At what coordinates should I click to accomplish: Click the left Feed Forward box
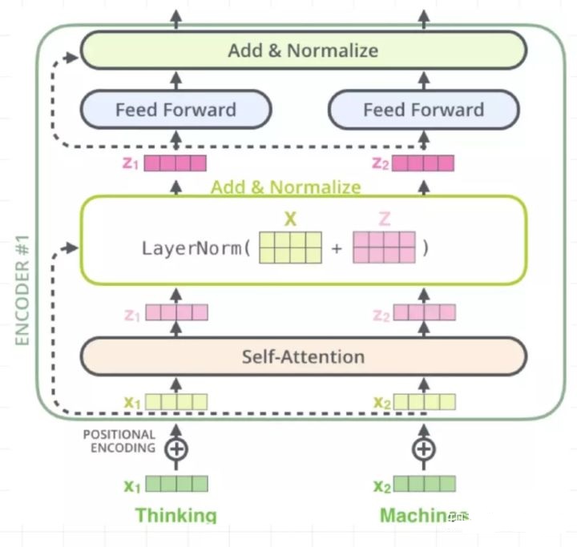pyautogui.click(x=176, y=110)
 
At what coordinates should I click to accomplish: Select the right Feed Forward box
pyautogui.click(x=423, y=110)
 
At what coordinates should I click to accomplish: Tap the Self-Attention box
pyautogui.click(x=303, y=356)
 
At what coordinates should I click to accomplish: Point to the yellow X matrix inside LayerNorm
pyautogui.click(x=290, y=247)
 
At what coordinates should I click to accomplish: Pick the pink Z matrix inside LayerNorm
pyautogui.click(x=384, y=247)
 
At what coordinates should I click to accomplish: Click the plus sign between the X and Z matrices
pyautogui.click(x=337, y=248)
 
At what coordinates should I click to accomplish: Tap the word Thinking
pyautogui.click(x=176, y=515)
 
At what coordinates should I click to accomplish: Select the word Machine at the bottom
pyautogui.click(x=414, y=515)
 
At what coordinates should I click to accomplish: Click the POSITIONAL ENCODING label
pyautogui.click(x=119, y=441)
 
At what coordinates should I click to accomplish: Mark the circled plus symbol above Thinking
pyautogui.click(x=176, y=448)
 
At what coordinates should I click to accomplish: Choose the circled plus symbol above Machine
pyautogui.click(x=424, y=448)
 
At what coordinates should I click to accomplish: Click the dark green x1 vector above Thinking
pyautogui.click(x=176, y=484)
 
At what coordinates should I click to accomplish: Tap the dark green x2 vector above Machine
pyautogui.click(x=425, y=484)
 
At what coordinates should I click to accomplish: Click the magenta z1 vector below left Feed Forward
pyautogui.click(x=176, y=163)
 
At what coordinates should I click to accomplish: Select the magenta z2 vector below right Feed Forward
pyautogui.click(x=423, y=163)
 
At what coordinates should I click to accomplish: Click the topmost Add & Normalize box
pyautogui.click(x=303, y=50)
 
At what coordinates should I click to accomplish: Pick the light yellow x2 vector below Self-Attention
pyautogui.click(x=425, y=401)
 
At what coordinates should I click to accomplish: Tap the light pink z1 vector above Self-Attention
pyautogui.click(x=176, y=312)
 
